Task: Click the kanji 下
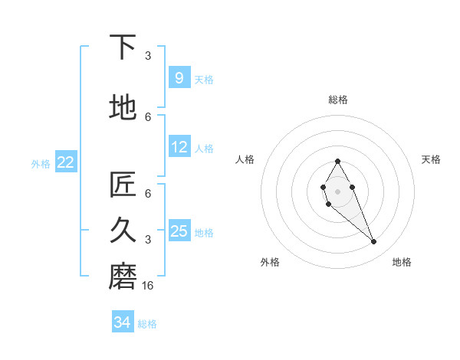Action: (123, 47)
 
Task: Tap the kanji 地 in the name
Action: (123, 107)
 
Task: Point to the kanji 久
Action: (123, 229)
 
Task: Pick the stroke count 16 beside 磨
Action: (149, 286)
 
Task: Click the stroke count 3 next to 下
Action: (148, 56)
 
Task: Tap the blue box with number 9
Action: (179, 78)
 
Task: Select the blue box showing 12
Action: (179, 147)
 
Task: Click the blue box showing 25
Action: (179, 231)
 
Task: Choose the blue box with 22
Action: (66, 162)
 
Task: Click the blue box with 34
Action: (123, 322)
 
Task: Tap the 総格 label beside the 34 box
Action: (147, 324)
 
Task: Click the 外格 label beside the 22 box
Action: (41, 163)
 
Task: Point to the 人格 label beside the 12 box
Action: (203, 148)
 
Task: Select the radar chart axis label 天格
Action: (431, 159)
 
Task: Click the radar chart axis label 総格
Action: (337, 100)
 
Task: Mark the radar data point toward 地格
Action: (373, 242)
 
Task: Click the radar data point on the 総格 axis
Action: (337, 161)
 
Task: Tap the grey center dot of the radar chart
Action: (337, 191)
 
